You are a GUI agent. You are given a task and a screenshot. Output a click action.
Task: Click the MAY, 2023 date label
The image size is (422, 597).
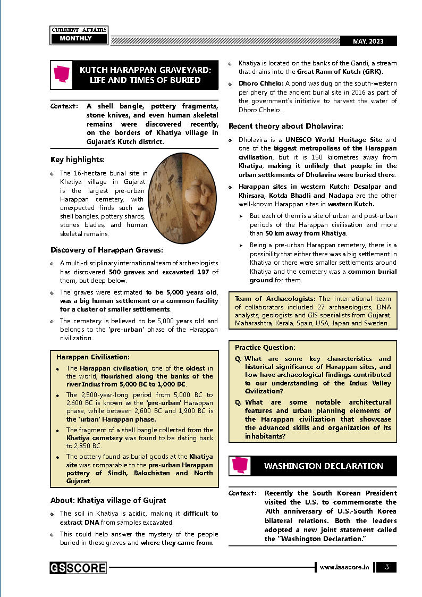point(367,41)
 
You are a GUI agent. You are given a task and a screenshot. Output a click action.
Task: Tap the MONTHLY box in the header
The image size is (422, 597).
point(75,39)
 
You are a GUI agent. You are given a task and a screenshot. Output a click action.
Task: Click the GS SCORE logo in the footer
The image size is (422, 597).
point(78,568)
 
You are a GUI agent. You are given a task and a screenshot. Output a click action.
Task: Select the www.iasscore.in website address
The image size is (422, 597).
point(344,568)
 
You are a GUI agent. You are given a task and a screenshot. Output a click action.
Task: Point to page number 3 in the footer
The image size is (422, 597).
point(387,567)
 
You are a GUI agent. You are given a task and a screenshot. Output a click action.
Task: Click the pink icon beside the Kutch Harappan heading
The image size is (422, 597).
point(62,75)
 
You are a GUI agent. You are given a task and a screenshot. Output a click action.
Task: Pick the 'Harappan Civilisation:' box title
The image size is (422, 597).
point(92,357)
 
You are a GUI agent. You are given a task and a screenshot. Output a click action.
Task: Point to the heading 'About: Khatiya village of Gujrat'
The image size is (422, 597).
point(108,500)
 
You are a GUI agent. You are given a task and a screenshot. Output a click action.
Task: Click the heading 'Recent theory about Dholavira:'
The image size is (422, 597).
point(286,127)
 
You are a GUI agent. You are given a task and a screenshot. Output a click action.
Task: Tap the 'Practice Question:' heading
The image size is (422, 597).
point(265,347)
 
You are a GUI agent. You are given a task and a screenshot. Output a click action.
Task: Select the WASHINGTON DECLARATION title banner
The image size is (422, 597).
point(323,466)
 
